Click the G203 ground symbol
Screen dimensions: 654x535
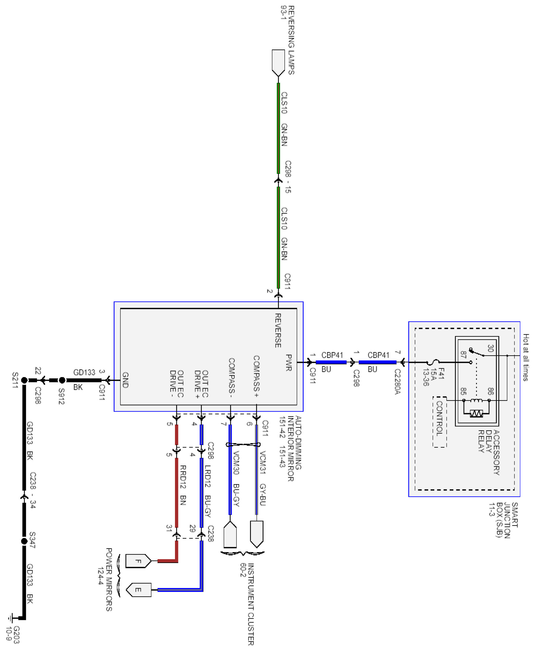pos(11,618)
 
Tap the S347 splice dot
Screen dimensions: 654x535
pos(24,541)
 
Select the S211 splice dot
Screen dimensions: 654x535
pos(24,380)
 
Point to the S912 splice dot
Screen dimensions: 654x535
pos(62,380)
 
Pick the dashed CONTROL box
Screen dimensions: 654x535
pos(440,422)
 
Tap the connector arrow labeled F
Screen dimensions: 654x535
pos(138,561)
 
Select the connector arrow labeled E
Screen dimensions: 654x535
pos(138,590)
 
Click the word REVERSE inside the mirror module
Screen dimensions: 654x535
pos(278,330)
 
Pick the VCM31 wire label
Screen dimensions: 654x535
pos(263,462)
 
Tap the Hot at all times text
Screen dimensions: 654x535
pos(526,357)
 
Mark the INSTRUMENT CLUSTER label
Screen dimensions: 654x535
pos(251,604)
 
